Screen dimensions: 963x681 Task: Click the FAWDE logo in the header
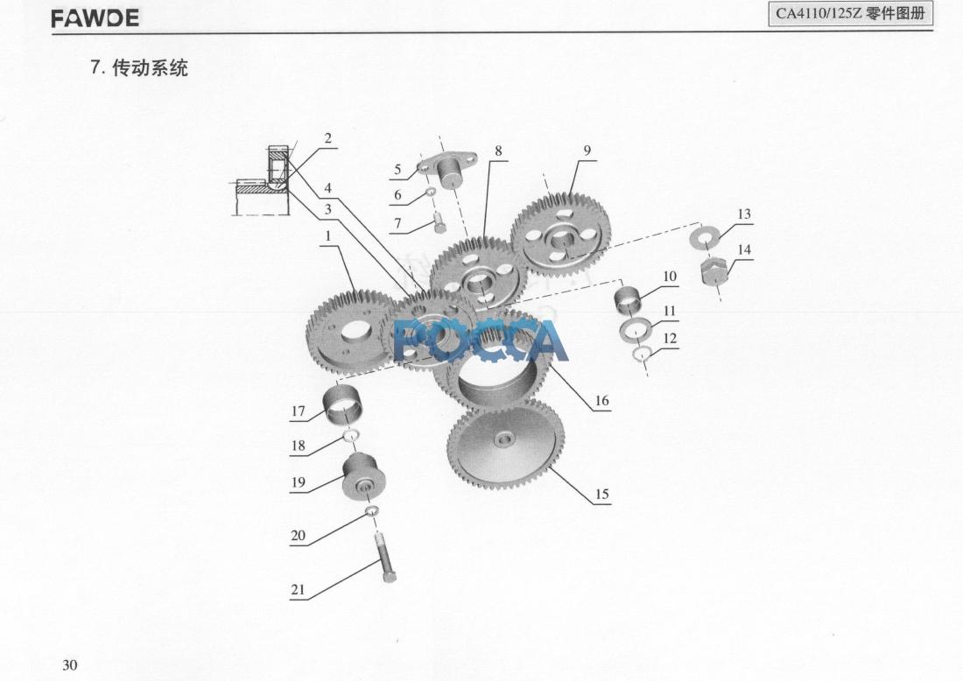(x=95, y=18)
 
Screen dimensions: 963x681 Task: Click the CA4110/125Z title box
(x=851, y=13)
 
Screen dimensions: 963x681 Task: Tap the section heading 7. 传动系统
(x=139, y=67)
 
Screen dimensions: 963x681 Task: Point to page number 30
(x=69, y=665)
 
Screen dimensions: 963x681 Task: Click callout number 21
(x=298, y=589)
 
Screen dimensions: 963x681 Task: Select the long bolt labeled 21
(x=384, y=558)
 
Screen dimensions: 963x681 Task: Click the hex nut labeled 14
(x=714, y=270)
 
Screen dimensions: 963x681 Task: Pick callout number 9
(x=587, y=151)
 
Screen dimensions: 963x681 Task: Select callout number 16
(x=602, y=400)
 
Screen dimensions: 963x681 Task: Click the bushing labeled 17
(x=342, y=405)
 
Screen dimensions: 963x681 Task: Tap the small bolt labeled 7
(x=439, y=221)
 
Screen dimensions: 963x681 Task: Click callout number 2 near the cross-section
(x=328, y=137)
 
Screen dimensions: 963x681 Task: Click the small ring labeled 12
(x=643, y=353)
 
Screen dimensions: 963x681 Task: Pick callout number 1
(x=328, y=235)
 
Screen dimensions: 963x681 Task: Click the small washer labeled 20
(x=371, y=511)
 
